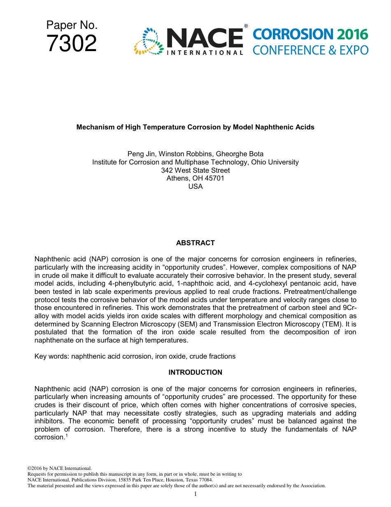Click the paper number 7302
[72, 44]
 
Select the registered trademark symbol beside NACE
[246, 26]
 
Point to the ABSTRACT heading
[195, 243]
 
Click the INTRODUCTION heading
[195, 373]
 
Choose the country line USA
[195, 186]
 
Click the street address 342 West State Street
[195, 170]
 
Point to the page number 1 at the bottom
[195, 494]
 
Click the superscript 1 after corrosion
[66, 435]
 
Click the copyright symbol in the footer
[29, 469]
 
